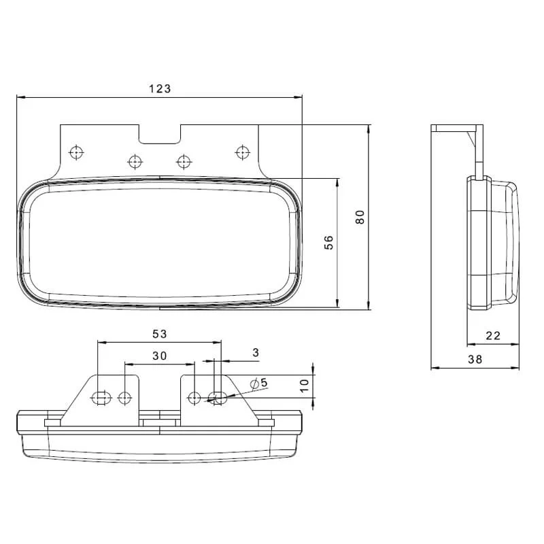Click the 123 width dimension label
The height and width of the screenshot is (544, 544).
tap(160, 89)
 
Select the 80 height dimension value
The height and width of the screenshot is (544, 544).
tap(360, 217)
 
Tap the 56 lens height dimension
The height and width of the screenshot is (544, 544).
tap(328, 242)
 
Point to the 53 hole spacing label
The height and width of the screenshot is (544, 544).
tap(160, 334)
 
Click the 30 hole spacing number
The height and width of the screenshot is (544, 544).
tap(160, 356)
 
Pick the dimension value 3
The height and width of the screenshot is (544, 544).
tap(256, 353)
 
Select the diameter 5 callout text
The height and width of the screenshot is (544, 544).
tap(259, 383)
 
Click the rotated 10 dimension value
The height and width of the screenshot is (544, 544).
tap(304, 386)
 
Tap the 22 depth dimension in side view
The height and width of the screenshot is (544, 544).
tap(493, 335)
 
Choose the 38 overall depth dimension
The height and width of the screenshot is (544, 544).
tap(475, 359)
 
